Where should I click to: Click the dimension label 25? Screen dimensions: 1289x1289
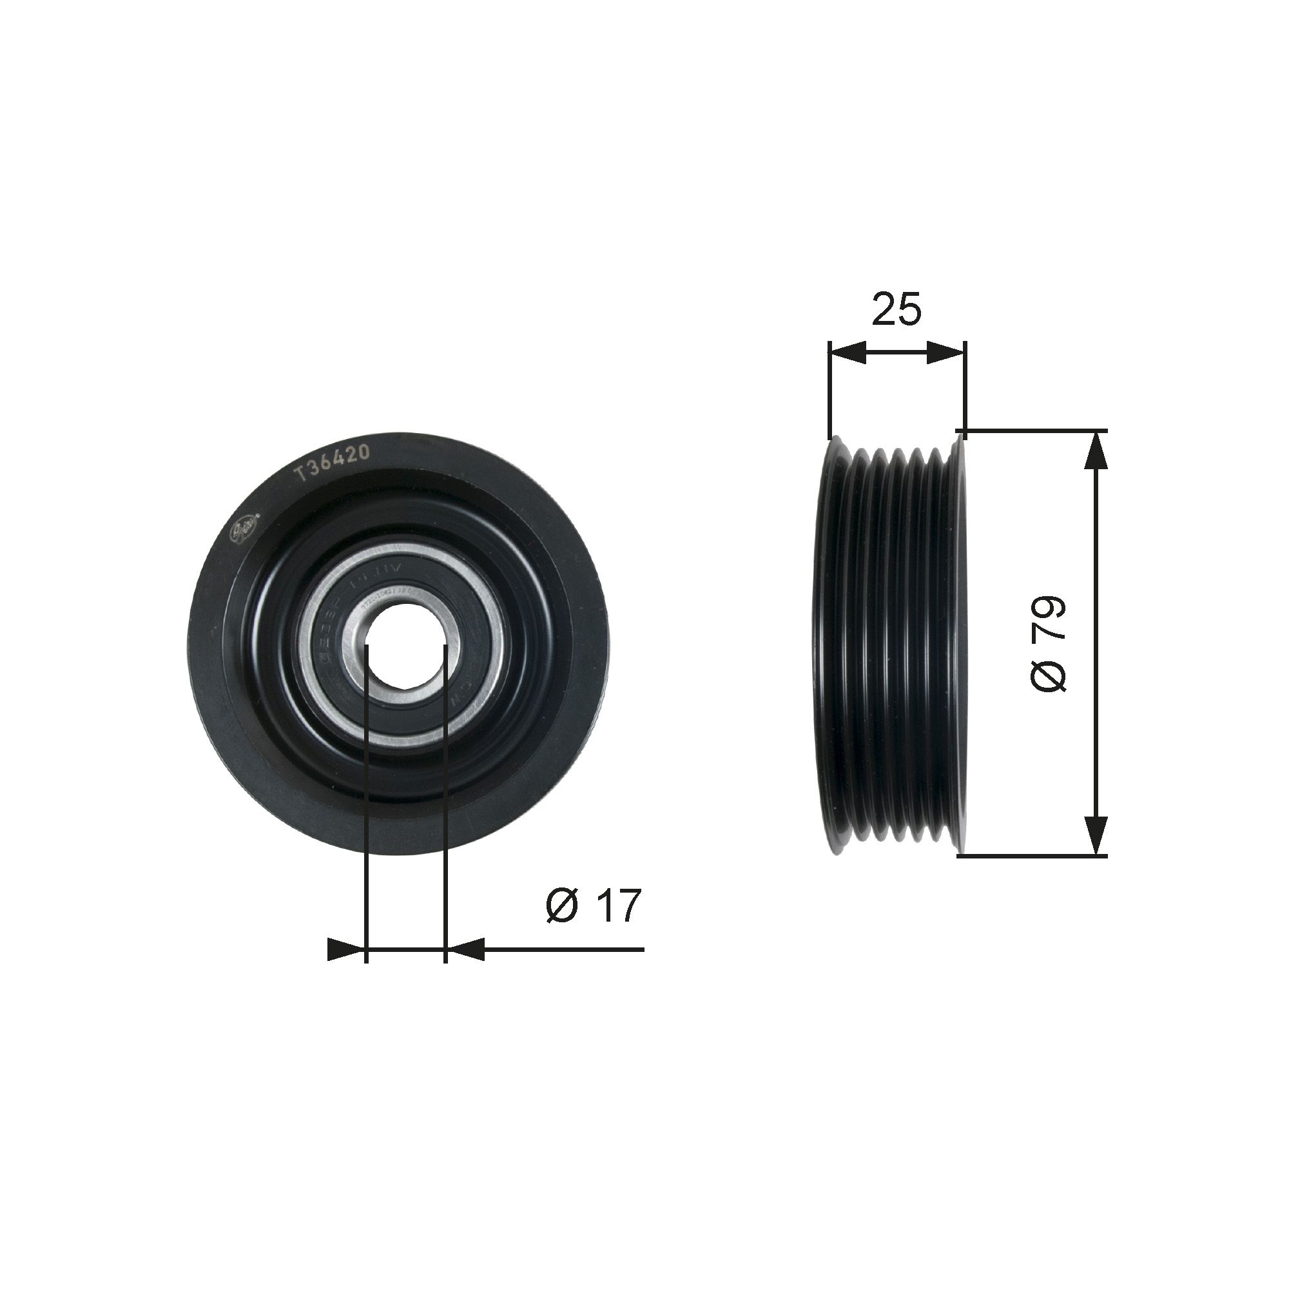pyautogui.click(x=896, y=309)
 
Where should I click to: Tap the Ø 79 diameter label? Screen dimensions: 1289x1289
pyautogui.click(x=1048, y=644)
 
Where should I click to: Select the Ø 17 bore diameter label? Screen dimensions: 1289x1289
pyautogui.click(x=593, y=906)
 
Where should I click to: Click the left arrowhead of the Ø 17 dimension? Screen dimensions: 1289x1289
pyautogui.click(x=347, y=949)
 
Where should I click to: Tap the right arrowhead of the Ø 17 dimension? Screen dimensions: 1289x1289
pyautogui.click(x=464, y=949)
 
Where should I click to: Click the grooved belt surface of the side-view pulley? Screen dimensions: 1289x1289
pyautogui.click(x=894, y=644)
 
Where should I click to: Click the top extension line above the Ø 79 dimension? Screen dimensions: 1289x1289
pyautogui.click(x=1034, y=431)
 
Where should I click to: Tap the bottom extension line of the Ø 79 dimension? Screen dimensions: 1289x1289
pyautogui.click(x=1034, y=856)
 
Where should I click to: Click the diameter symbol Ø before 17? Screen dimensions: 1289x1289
pyautogui.click(x=562, y=906)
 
